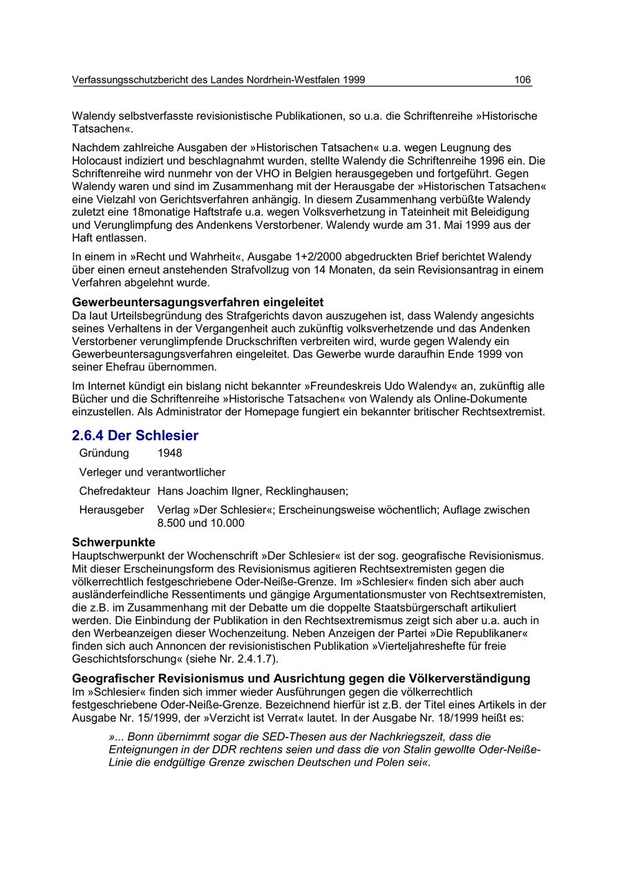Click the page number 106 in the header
[522, 80]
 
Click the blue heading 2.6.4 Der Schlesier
[135, 436]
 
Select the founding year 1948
[170, 453]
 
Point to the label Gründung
[104, 453]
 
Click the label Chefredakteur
[115, 492]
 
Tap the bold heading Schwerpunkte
[114, 543]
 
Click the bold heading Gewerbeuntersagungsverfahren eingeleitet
[198, 303]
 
